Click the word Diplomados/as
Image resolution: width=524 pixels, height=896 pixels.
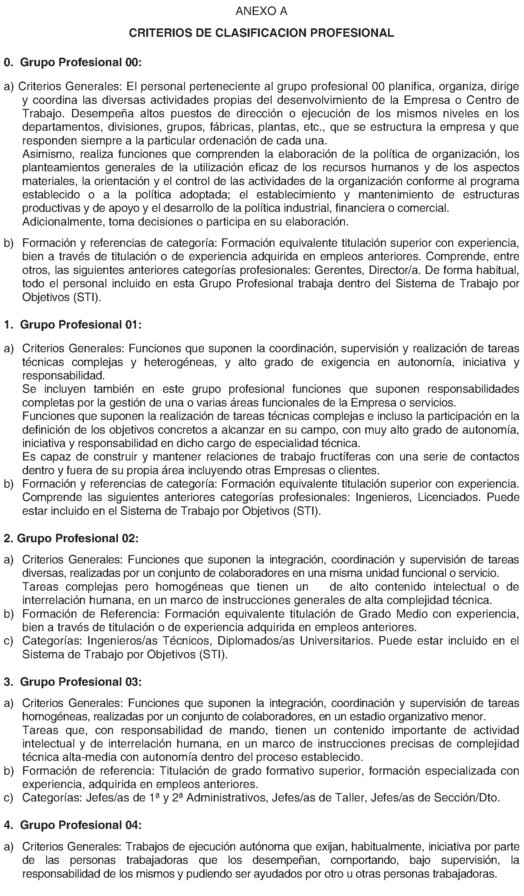coord(256,641)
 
